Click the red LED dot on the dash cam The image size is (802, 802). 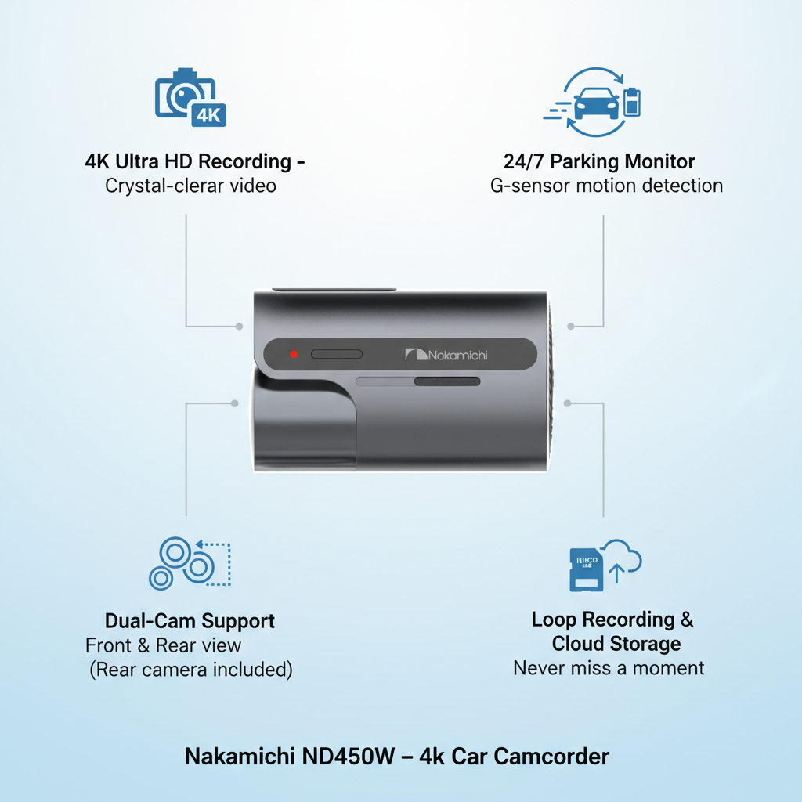tap(294, 354)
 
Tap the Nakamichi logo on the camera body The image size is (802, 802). tap(446, 355)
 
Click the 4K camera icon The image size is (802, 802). tap(190, 97)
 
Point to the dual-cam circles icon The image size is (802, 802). tap(190, 563)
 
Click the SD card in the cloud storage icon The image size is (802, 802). tap(586, 570)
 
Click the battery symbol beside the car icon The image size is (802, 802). tap(632, 102)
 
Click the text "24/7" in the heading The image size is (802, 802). tap(523, 161)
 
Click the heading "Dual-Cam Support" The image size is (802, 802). tap(190, 621)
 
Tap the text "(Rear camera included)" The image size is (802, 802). tap(191, 670)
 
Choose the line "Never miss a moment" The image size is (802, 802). tap(609, 668)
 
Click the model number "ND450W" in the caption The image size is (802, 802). tap(349, 757)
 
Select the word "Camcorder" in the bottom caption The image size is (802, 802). tap(551, 757)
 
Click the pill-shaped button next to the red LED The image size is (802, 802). tap(337, 354)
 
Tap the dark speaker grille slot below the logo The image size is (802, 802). tap(447, 381)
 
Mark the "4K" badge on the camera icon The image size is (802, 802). tap(208, 115)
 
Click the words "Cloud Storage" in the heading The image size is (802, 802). tap(616, 644)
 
